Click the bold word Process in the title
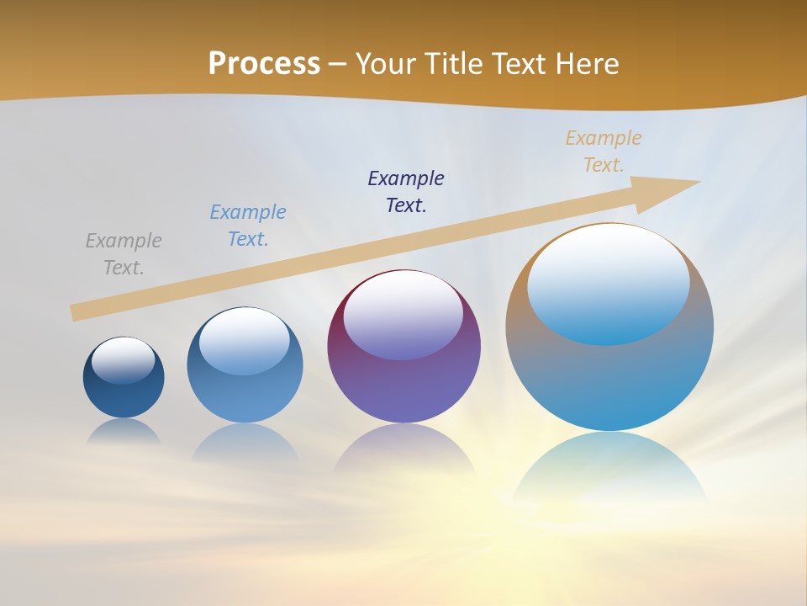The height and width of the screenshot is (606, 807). [264, 64]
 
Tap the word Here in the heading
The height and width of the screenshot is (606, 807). [586, 64]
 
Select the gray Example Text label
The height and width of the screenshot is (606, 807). [124, 254]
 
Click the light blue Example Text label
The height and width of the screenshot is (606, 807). [248, 226]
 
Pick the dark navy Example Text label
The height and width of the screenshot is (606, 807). [406, 192]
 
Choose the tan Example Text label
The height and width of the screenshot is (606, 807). [604, 151]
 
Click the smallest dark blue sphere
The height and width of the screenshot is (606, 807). [124, 396]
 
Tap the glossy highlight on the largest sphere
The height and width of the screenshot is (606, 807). [609, 282]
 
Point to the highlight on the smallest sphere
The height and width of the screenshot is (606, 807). [124, 359]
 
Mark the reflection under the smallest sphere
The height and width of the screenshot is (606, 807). [124, 432]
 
